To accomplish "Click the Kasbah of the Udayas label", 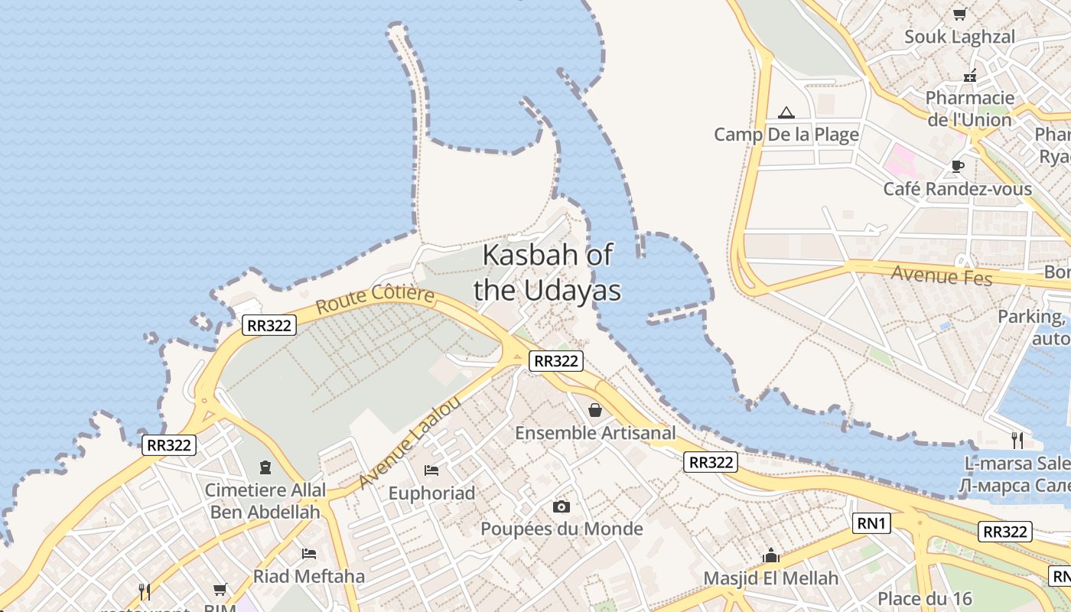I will (547, 272).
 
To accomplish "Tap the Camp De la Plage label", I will (786, 135).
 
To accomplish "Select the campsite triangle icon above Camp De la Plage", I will (786, 113).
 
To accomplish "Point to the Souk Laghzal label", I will (959, 37).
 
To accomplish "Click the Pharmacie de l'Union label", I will (969, 109).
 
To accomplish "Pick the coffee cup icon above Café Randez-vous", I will (957, 166).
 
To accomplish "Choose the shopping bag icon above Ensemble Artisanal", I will (595, 411).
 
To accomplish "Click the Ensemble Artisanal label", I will (595, 433).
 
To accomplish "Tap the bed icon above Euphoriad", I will (431, 470).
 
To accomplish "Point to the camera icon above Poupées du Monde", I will (562, 506).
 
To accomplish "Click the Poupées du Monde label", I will (562, 529).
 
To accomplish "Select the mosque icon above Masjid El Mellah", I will (770, 555).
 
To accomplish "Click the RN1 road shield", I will (872, 523).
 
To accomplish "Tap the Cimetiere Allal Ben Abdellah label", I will (265, 500).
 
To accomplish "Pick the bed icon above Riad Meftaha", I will (309, 553).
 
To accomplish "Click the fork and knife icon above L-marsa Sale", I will (1017, 441).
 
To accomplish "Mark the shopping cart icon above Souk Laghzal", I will (959, 14).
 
